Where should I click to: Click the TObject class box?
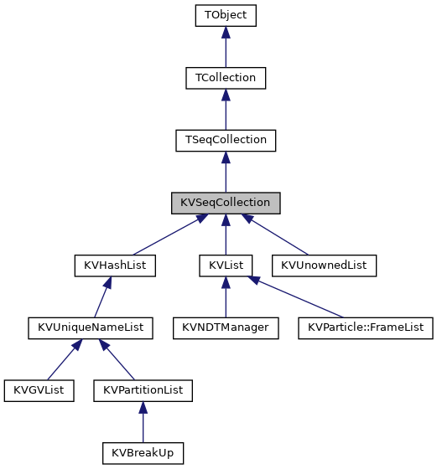[225, 15]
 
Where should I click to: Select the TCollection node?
[225, 78]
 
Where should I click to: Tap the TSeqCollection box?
[225, 140]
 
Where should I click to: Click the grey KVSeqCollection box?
[225, 203]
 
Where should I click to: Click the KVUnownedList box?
[325, 265]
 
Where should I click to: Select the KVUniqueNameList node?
[91, 327]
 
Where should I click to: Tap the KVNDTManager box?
[226, 327]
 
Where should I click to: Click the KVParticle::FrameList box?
[365, 327]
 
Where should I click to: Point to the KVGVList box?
[39, 390]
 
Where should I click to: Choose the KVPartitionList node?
[143, 390]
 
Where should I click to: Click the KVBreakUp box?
[143, 453]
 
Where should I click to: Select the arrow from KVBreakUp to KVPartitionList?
[143, 422]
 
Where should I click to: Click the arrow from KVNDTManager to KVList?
[226, 297]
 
